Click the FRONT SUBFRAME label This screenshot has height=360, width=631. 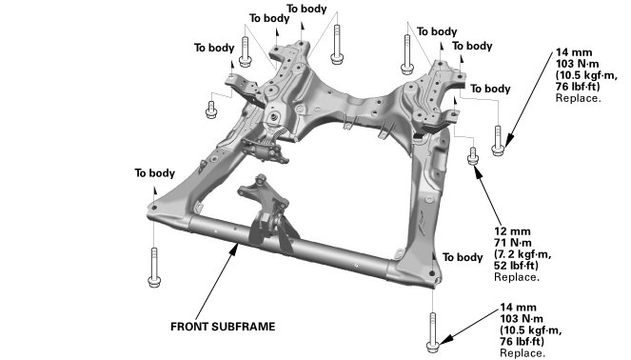[223, 326]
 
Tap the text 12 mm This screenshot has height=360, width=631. [512, 231]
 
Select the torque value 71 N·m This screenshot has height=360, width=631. [513, 243]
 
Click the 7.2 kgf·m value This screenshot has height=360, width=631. [523, 254]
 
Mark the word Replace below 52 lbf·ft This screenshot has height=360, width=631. [517, 277]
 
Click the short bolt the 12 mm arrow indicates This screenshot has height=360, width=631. [473, 156]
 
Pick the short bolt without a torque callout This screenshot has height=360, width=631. [211, 110]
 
